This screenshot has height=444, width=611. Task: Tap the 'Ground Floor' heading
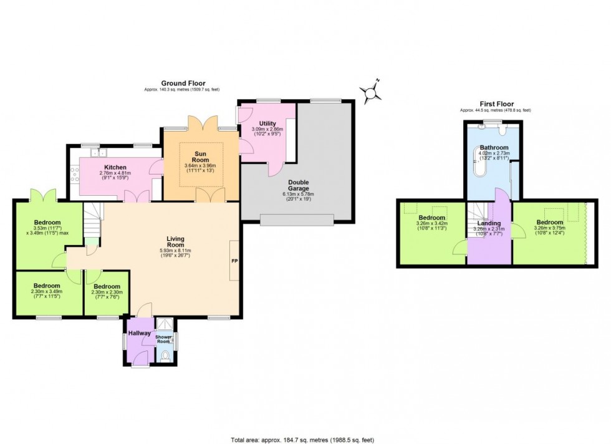(x=183, y=83)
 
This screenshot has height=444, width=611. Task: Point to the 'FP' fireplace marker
(x=234, y=261)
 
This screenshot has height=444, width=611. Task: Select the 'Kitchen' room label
(x=115, y=168)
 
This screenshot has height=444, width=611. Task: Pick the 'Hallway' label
(x=139, y=333)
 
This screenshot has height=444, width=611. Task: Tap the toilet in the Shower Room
(x=165, y=356)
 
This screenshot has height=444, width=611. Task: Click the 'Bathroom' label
(x=494, y=148)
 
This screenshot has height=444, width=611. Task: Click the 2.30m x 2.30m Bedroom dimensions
(x=107, y=292)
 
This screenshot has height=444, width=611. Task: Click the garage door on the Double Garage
(x=297, y=219)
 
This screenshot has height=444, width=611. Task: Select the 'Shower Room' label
(x=163, y=339)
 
